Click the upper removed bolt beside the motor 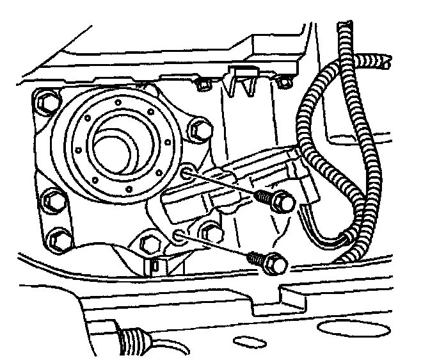276,201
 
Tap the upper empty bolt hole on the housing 186,172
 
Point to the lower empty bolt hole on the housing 179,235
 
